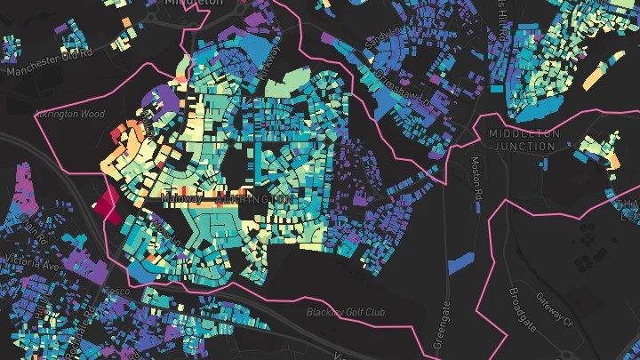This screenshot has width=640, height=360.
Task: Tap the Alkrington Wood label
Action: (x=71, y=114)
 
